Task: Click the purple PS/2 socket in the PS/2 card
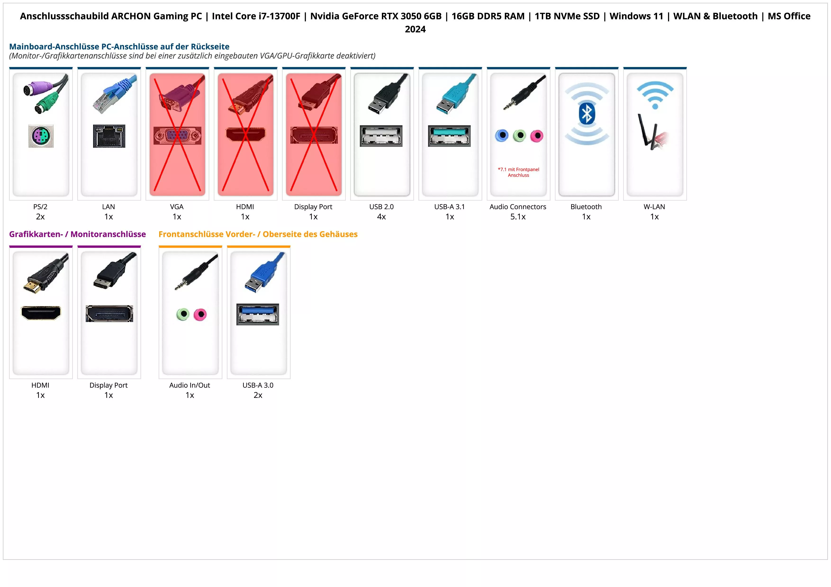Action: tap(41, 136)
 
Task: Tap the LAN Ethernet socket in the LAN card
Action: tap(109, 136)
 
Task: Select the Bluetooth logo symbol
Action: tap(587, 114)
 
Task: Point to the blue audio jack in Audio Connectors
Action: tap(502, 136)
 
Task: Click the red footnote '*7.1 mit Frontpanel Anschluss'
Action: tap(518, 172)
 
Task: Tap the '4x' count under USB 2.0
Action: tap(381, 217)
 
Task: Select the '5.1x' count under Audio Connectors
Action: tap(518, 217)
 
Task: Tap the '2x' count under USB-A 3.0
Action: tap(258, 395)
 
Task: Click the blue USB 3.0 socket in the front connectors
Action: tap(258, 314)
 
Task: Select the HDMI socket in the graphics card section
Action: tap(41, 313)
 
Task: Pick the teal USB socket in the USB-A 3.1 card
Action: tap(449, 136)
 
